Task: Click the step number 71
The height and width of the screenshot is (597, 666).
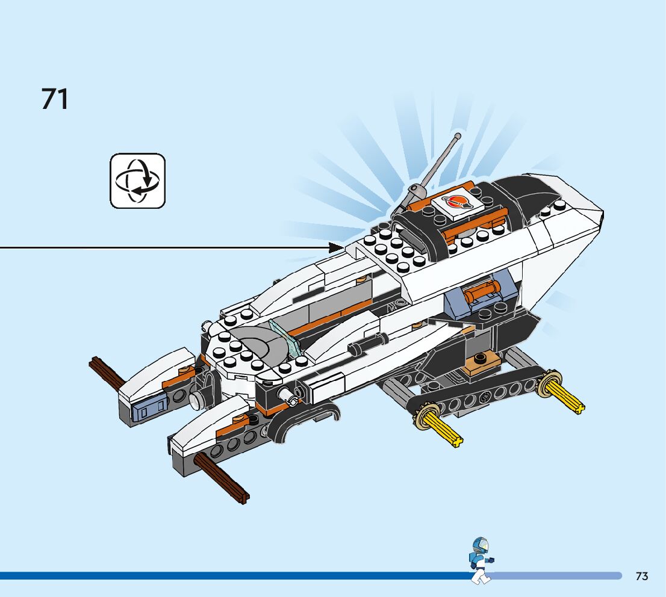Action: [55, 99]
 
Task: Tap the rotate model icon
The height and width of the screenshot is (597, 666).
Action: [137, 181]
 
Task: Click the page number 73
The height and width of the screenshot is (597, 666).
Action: [641, 576]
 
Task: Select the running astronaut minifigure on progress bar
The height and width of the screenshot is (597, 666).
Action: [481, 560]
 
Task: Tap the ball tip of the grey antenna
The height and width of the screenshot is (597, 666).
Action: [458, 137]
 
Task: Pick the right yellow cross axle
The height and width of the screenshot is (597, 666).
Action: [566, 397]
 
